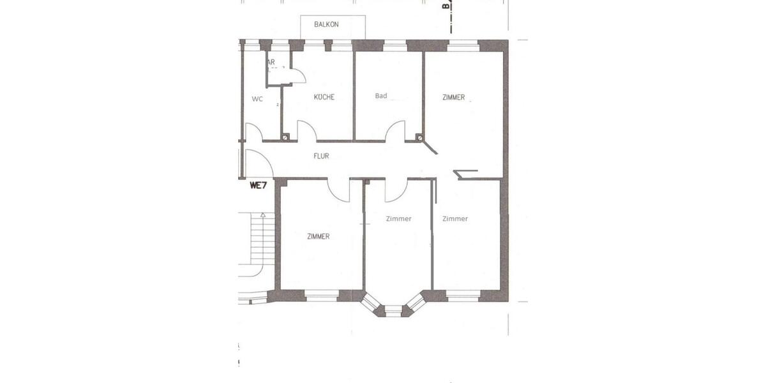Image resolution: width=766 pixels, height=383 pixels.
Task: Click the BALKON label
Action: (x=326, y=24)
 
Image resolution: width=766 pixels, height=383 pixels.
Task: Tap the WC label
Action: (x=257, y=99)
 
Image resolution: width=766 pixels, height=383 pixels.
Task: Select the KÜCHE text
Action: (x=324, y=97)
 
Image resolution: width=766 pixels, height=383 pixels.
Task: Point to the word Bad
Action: (x=381, y=96)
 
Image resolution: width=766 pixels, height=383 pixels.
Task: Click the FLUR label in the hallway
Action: (x=321, y=156)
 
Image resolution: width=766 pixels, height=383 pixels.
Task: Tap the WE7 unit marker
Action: (x=257, y=186)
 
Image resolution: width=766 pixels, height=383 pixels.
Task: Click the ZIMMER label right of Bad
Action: (x=453, y=98)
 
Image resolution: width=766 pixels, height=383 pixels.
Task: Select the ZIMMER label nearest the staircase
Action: (x=318, y=236)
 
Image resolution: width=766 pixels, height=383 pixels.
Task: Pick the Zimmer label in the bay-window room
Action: (x=399, y=218)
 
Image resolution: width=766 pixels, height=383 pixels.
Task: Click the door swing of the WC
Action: (x=254, y=132)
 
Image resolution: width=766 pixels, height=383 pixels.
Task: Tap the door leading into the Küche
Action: (x=307, y=131)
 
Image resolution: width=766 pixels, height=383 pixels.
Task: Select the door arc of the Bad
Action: (x=395, y=131)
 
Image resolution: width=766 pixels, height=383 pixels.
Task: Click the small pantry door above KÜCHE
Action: (x=297, y=76)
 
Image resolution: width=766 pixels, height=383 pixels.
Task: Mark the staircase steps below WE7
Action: (x=260, y=243)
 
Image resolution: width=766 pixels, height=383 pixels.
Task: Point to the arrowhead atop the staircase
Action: (x=262, y=215)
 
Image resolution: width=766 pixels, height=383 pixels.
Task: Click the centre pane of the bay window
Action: (x=394, y=311)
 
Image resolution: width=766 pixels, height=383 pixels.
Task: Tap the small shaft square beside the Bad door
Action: (x=419, y=137)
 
